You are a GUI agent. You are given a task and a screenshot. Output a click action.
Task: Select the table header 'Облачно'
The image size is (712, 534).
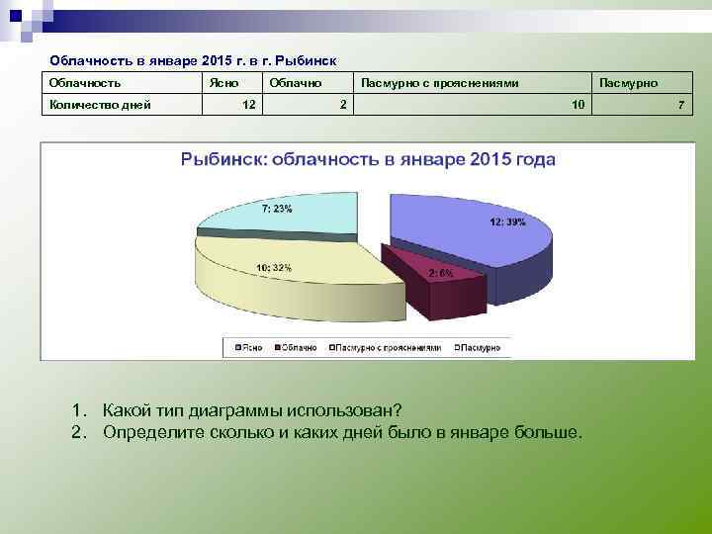(x=294, y=83)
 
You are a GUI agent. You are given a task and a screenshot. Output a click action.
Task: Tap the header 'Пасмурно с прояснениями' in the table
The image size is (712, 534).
(x=439, y=83)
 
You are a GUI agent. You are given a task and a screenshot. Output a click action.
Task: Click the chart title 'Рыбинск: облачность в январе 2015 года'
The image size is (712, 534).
(x=367, y=159)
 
